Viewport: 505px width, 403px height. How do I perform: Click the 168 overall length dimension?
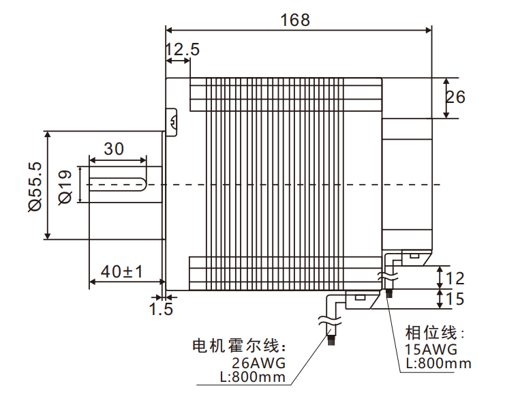tap(295, 19)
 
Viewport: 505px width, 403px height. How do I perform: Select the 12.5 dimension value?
tap(182, 49)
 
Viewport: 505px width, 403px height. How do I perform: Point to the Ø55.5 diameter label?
tap(34, 185)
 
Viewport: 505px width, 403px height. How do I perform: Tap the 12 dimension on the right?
tap(455, 278)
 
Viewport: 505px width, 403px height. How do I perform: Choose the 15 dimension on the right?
tap(455, 299)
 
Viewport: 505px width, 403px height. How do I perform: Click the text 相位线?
tap(434, 333)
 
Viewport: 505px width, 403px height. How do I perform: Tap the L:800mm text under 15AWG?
tap(438, 363)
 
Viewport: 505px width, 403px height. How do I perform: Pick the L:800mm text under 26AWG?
tap(253, 376)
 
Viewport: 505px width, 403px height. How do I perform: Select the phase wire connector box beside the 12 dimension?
tap(414, 257)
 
